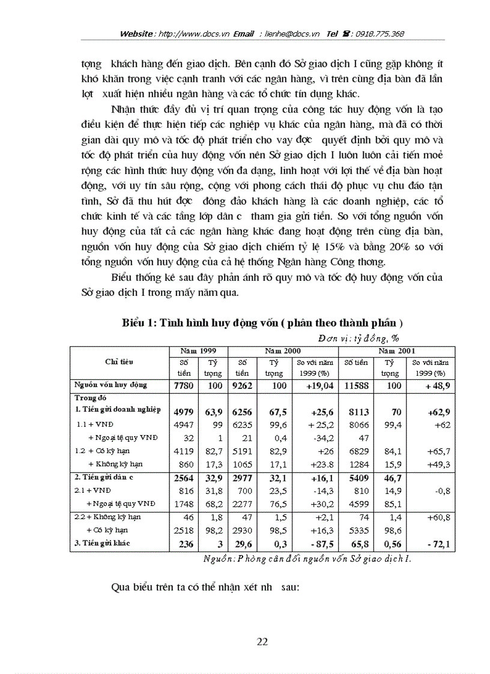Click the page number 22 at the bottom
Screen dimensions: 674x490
click(262, 642)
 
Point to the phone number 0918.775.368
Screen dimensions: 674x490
click(381, 34)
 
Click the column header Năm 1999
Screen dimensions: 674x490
click(198, 350)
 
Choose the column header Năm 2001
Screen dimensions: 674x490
click(397, 350)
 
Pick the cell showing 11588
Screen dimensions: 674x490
click(355, 385)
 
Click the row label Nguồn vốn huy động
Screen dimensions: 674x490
click(110, 385)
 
